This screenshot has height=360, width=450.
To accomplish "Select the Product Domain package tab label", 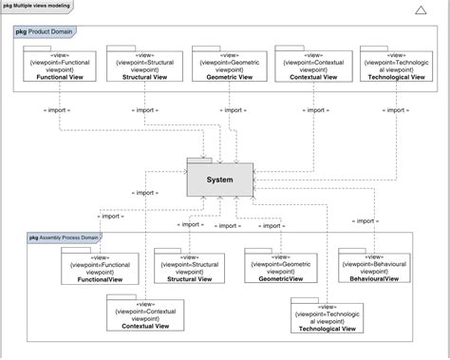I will tap(47, 32).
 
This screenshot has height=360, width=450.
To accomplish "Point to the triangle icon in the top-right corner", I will tap(421, 10).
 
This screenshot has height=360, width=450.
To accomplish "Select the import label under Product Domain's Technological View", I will tap(396, 110).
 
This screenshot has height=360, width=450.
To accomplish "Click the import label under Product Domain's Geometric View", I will tap(229, 110).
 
